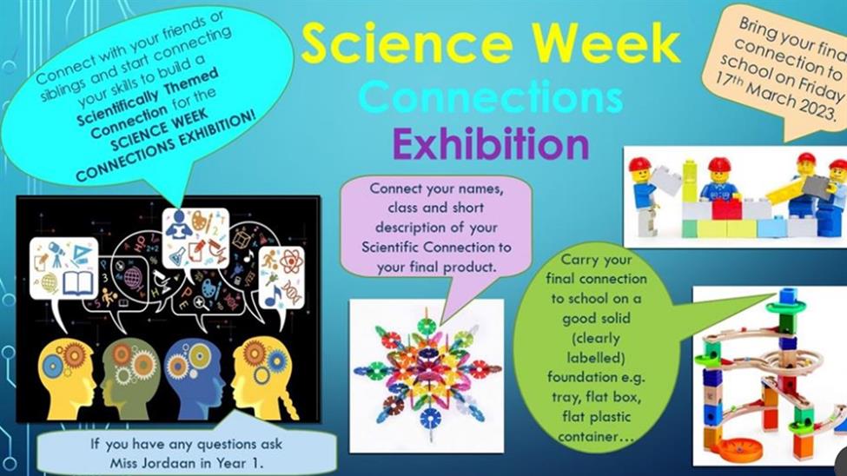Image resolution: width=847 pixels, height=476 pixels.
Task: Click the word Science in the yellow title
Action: pos(407,43)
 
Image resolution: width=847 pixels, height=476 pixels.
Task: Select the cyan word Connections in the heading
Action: pos(491,96)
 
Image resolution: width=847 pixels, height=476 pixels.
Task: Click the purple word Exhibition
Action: pos(490,143)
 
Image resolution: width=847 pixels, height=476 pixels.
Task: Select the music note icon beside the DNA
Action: pos(274,296)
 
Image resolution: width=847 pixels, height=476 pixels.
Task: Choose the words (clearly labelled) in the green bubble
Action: pos(596,347)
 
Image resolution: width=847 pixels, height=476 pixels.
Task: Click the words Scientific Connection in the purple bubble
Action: pos(414,248)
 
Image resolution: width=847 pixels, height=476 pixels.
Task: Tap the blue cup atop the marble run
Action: pos(788,295)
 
